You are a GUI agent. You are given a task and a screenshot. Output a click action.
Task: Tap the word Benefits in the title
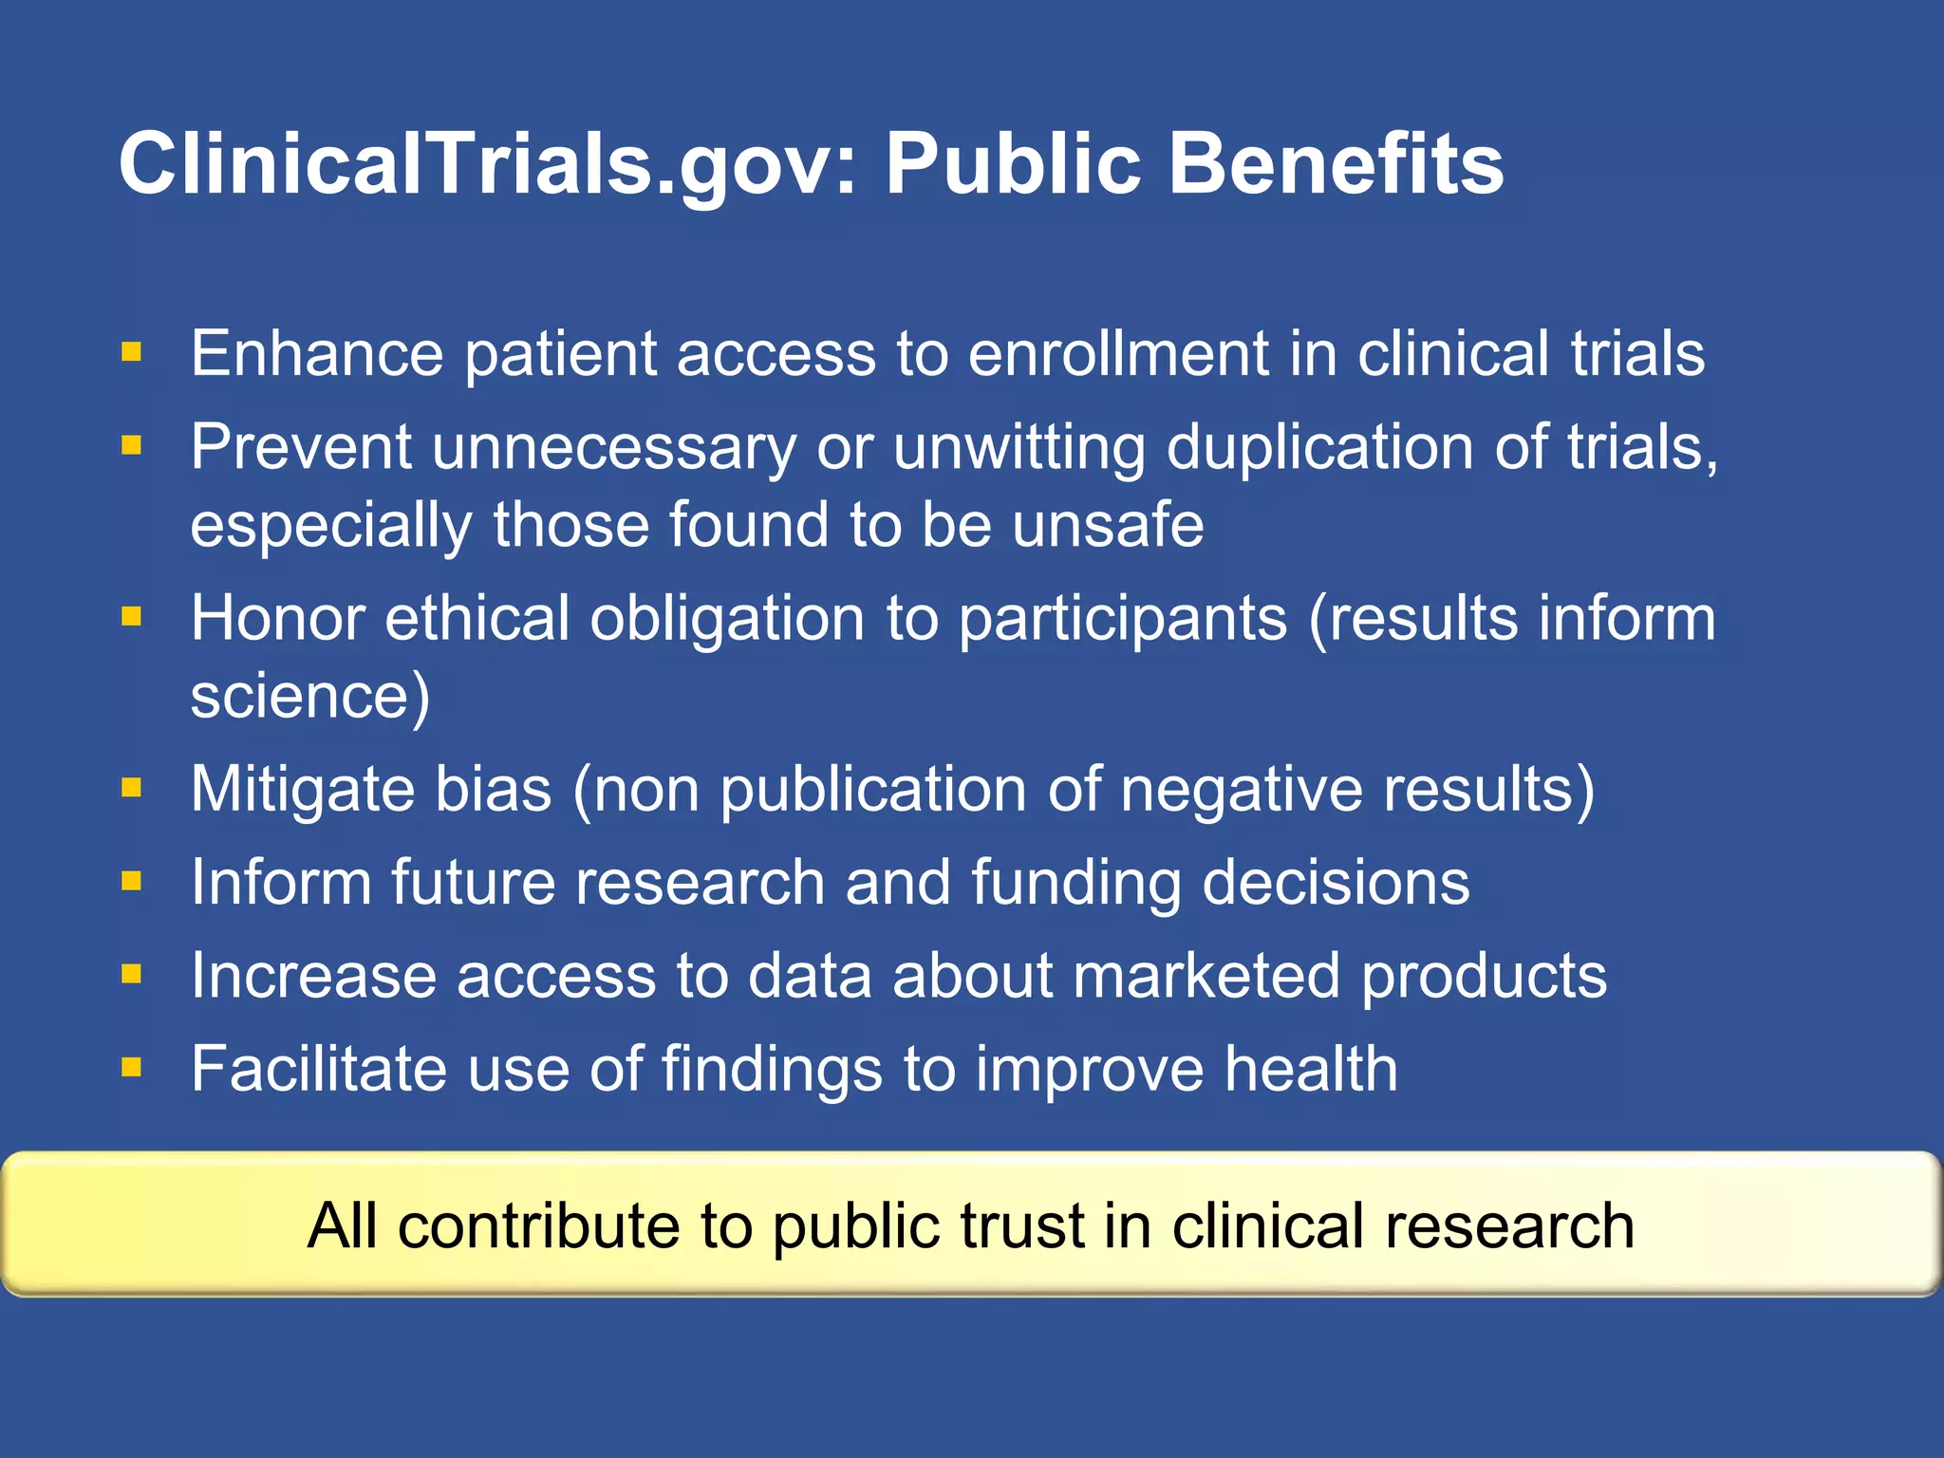tap(1336, 163)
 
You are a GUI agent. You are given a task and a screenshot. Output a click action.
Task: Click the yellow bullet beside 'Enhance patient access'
tap(131, 353)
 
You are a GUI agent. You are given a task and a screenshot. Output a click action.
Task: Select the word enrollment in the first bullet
tap(1118, 353)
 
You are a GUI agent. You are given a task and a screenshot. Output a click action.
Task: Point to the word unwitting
tap(1019, 446)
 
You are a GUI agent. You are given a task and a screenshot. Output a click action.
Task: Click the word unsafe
tap(1108, 525)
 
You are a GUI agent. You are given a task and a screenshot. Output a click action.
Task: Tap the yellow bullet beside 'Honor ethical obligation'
tap(131, 618)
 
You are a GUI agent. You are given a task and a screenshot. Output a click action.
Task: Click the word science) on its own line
tap(310, 697)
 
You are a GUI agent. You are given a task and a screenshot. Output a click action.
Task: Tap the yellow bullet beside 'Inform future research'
tap(131, 882)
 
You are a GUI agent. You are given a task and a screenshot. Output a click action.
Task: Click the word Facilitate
tap(318, 1069)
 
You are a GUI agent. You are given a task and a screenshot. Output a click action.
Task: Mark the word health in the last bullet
tap(1311, 1069)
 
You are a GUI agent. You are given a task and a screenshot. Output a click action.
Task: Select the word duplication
tap(1320, 448)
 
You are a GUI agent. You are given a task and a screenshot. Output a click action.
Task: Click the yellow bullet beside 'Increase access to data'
tap(131, 974)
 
